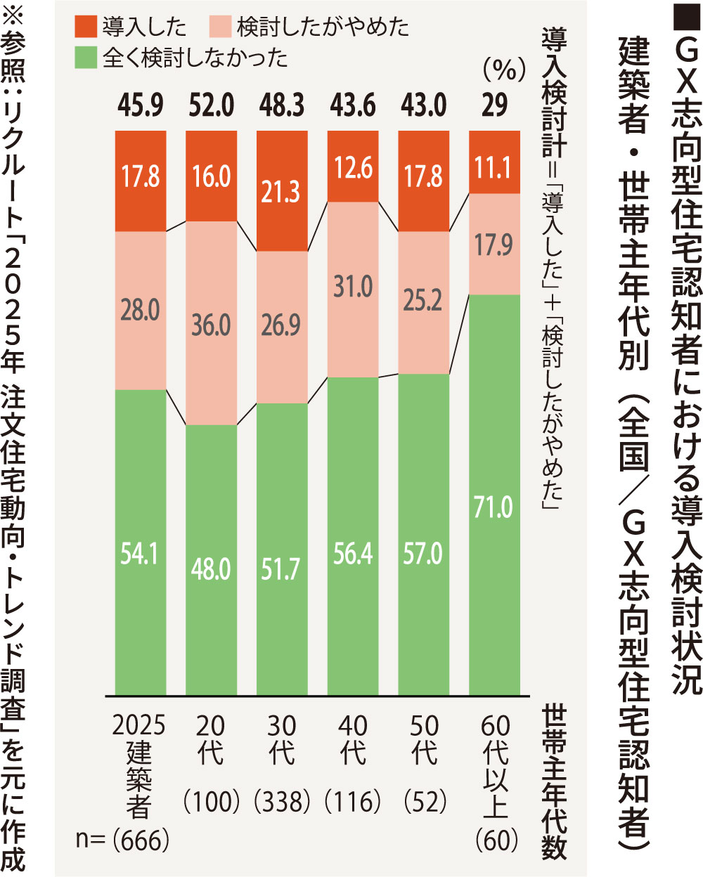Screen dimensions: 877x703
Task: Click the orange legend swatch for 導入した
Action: [85, 26]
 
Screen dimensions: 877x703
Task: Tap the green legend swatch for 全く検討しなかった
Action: [85, 57]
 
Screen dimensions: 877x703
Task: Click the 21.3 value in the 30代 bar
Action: [280, 192]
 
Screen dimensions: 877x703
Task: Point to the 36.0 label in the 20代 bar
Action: [211, 325]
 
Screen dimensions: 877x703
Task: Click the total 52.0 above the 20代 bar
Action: [211, 105]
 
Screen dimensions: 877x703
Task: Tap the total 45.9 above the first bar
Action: [141, 105]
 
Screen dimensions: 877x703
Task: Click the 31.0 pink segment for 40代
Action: [353, 287]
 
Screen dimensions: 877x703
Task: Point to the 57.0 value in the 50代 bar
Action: [423, 554]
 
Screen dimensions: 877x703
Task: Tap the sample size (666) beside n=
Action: [141, 839]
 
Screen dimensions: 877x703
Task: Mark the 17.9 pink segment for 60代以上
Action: [494, 245]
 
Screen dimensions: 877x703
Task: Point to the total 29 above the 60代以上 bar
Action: [494, 105]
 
